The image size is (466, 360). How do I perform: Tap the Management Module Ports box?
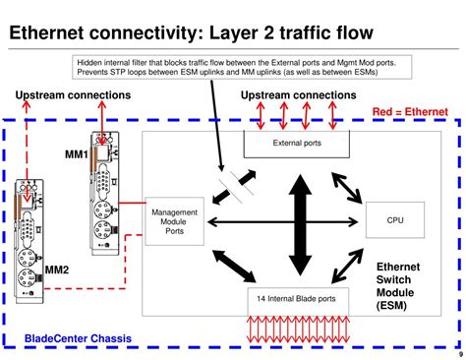click(174, 222)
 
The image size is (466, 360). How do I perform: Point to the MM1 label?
click(76, 154)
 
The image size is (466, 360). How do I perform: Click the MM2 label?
click(56, 270)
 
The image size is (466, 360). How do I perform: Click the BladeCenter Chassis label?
click(78, 339)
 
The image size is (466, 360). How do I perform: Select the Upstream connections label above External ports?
click(299, 94)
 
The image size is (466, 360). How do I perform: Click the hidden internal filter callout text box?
click(236, 67)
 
